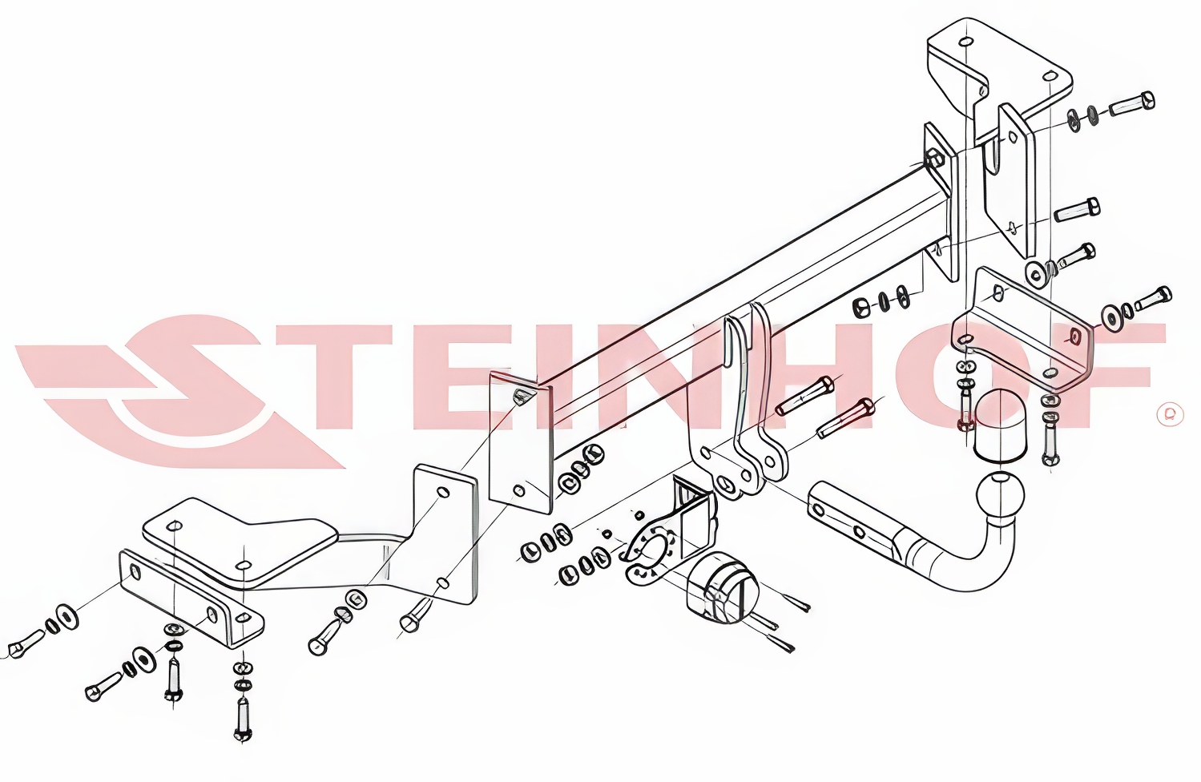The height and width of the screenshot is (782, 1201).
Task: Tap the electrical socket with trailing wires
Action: tap(721, 590)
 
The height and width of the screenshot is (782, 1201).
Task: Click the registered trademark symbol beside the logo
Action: tap(1170, 414)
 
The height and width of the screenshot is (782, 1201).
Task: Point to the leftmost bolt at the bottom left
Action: tap(26, 643)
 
